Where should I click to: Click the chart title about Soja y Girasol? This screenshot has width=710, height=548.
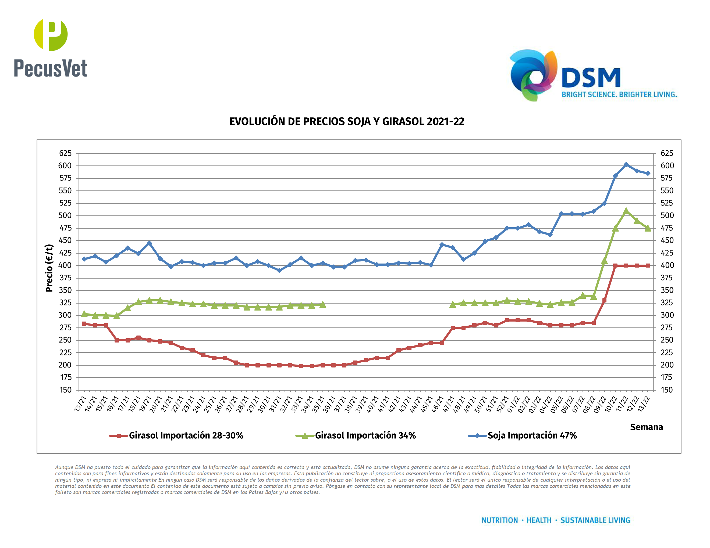347,121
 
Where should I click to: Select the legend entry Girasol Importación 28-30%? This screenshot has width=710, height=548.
186,435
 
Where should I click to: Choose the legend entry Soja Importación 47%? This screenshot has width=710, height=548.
532,435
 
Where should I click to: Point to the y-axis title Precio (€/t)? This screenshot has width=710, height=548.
49,268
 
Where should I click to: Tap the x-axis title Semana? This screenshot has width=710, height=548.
646,427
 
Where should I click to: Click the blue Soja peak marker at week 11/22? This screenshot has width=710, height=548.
626,165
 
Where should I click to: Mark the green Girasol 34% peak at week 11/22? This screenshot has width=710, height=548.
626,211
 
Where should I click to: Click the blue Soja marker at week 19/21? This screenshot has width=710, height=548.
149,243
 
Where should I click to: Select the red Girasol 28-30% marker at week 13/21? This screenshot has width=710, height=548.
84,324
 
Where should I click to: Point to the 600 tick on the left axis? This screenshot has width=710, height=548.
65,165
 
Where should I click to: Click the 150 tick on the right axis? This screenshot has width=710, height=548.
667,390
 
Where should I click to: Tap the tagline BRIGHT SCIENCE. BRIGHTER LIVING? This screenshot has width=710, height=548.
619,95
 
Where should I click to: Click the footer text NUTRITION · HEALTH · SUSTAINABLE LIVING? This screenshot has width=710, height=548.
556,520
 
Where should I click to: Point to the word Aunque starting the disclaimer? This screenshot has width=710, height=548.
64,467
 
